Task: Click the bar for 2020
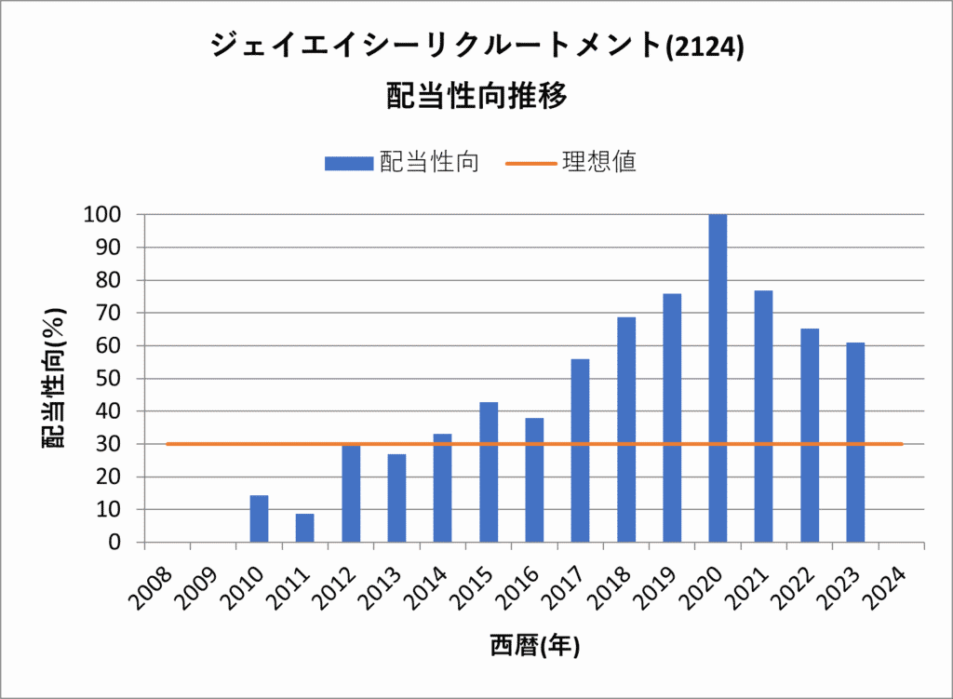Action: [x=718, y=378]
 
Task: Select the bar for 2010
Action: [x=259, y=518]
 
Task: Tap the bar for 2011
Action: [x=304, y=528]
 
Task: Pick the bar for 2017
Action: [x=580, y=450]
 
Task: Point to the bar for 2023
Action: [x=855, y=442]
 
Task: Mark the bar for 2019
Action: [x=672, y=418]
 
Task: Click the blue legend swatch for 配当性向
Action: [x=347, y=164]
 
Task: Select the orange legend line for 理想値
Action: [x=530, y=164]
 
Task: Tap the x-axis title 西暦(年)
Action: [x=535, y=646]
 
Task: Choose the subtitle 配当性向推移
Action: [x=476, y=96]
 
